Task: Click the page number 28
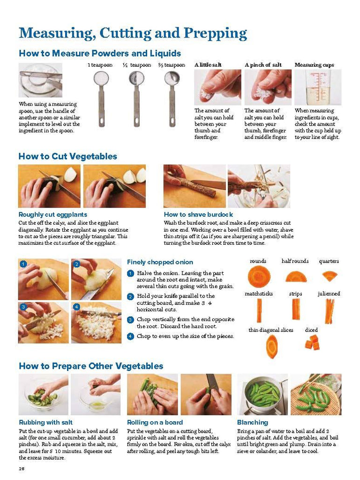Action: pos(22,469)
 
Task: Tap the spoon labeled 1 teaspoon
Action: pos(101,98)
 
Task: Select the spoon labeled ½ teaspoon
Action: pos(136,98)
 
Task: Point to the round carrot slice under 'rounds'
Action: pos(259,277)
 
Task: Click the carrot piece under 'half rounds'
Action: pos(296,277)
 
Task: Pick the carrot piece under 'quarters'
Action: pos(330,276)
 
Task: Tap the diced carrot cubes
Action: pos(312,342)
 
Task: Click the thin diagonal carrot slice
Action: pos(271,346)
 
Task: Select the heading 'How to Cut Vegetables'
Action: pos(67,156)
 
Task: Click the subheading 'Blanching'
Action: pos(253,422)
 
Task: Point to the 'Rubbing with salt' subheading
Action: pos(45,422)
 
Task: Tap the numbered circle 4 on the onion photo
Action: pos(76,307)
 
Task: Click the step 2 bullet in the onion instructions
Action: pos(130,296)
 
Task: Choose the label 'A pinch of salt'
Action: pos(263,65)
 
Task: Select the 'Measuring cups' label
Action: pos(314,65)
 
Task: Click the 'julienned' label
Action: pos(329,293)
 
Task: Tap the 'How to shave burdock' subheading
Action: pos(198,214)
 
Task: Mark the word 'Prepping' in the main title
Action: pos(215,33)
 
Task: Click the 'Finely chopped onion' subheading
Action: pos(160,262)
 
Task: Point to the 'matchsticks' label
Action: pos(259,293)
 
